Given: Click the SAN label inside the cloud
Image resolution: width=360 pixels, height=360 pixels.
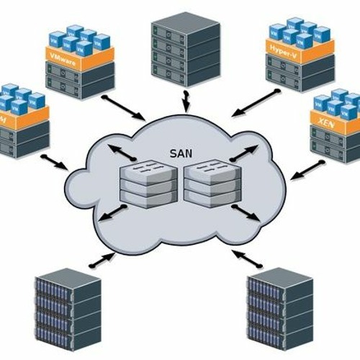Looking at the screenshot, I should (x=179, y=153).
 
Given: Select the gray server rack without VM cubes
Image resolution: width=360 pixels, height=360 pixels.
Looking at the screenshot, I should (x=185, y=48).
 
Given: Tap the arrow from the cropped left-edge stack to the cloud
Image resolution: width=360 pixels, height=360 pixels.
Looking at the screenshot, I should (x=55, y=161).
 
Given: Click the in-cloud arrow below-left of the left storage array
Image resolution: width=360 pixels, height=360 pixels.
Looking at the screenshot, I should (x=113, y=214).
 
